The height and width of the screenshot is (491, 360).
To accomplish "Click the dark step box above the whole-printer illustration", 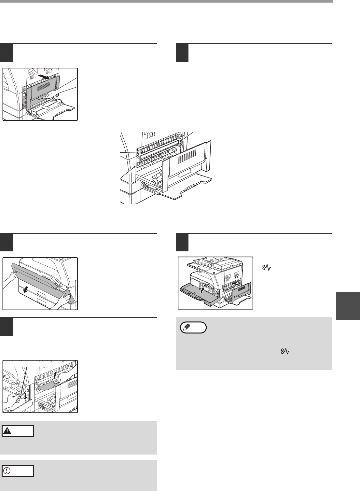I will coord(182,242).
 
